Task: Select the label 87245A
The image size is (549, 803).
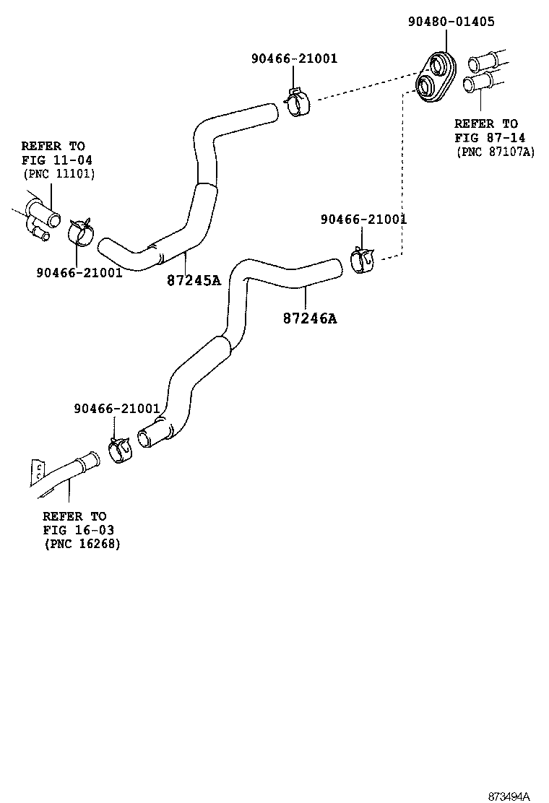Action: point(193,280)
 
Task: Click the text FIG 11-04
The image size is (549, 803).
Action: point(56,160)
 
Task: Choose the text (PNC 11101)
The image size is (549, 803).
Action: point(59,173)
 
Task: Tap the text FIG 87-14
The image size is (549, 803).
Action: point(490,138)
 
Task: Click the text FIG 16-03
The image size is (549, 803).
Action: point(78,529)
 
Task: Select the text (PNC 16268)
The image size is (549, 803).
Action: point(82,543)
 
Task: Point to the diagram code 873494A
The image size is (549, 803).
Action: point(509,797)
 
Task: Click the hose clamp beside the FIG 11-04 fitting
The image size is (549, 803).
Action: point(82,232)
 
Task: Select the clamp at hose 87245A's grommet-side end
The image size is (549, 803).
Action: point(297,103)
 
